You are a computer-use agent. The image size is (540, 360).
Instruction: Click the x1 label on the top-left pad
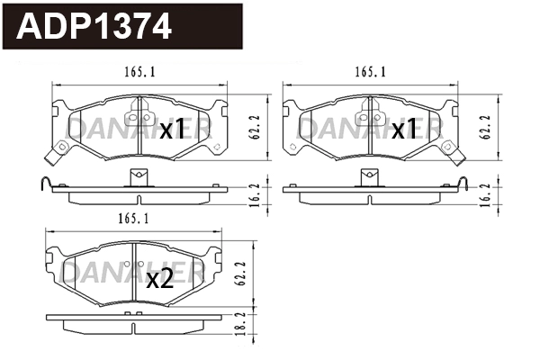pyautogui.click(x=172, y=131)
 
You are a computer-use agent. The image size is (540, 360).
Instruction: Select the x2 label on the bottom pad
pyautogui.click(x=159, y=279)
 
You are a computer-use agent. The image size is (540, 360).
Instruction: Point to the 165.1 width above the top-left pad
pyautogui.click(x=136, y=72)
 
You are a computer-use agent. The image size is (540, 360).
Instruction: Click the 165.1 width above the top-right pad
pyautogui.click(x=371, y=72)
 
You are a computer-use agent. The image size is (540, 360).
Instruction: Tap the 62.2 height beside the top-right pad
pyautogui.click(x=487, y=127)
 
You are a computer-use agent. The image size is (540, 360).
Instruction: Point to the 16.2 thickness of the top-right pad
pyautogui.click(x=487, y=193)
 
